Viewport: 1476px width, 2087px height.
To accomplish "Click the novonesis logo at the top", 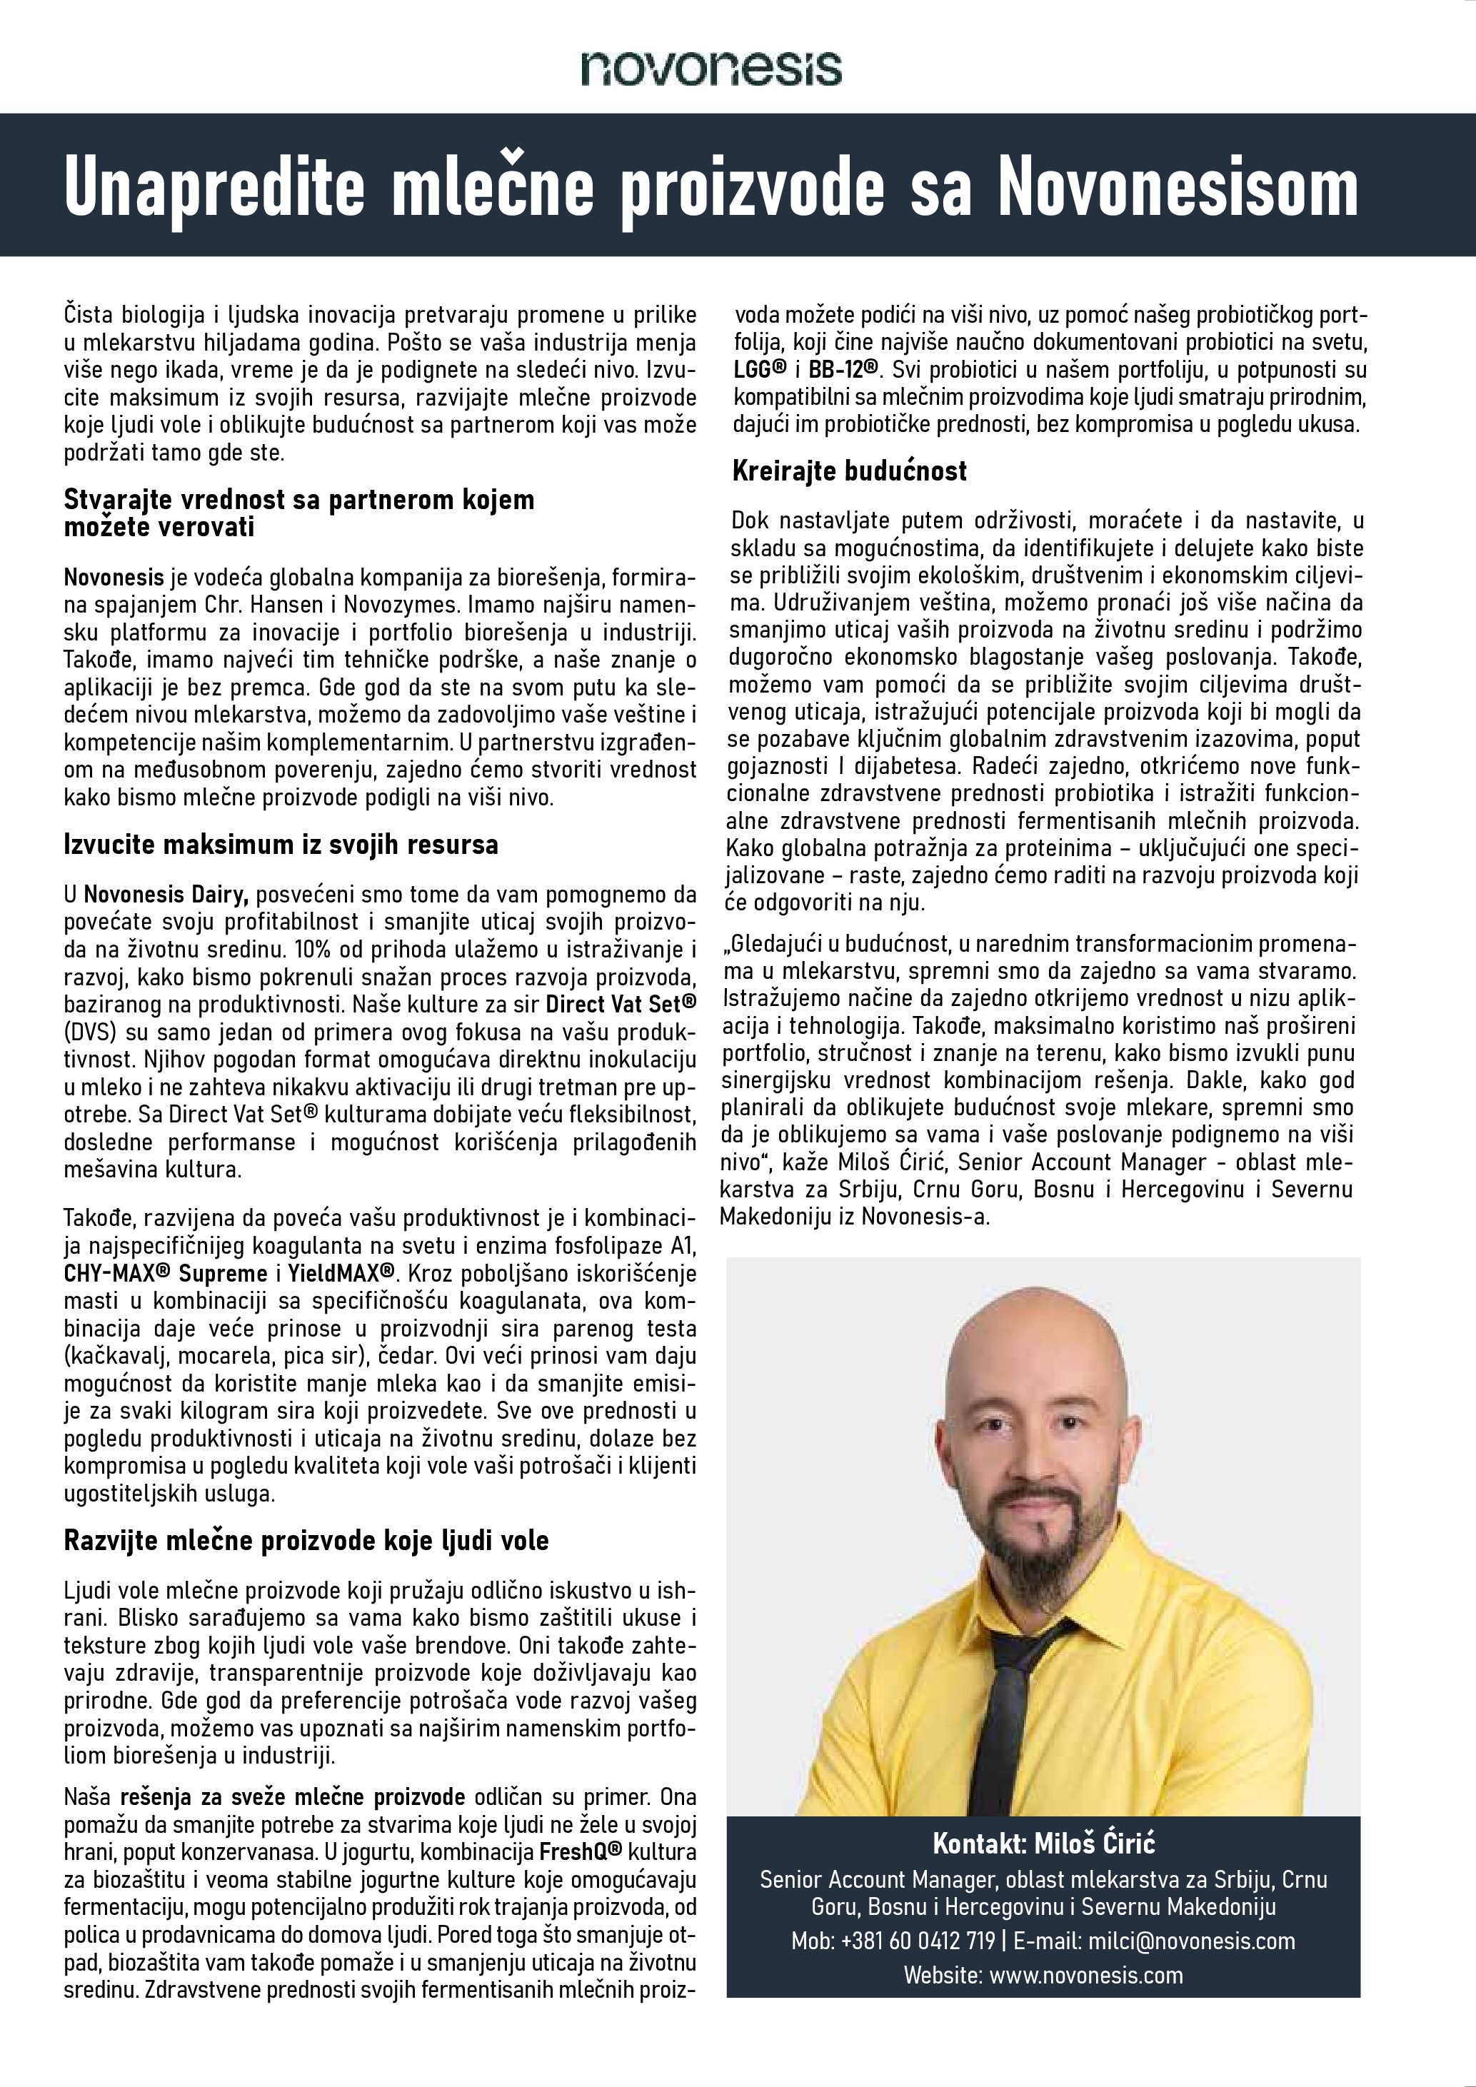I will pos(711,68).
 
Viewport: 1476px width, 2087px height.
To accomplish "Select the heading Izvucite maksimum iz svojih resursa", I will pos(281,845).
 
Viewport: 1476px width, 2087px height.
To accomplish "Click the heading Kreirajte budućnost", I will pos(850,471).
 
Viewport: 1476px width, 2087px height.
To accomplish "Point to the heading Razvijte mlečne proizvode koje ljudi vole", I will pos(306,1540).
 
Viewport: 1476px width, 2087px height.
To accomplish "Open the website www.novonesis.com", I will pos(1086,1974).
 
